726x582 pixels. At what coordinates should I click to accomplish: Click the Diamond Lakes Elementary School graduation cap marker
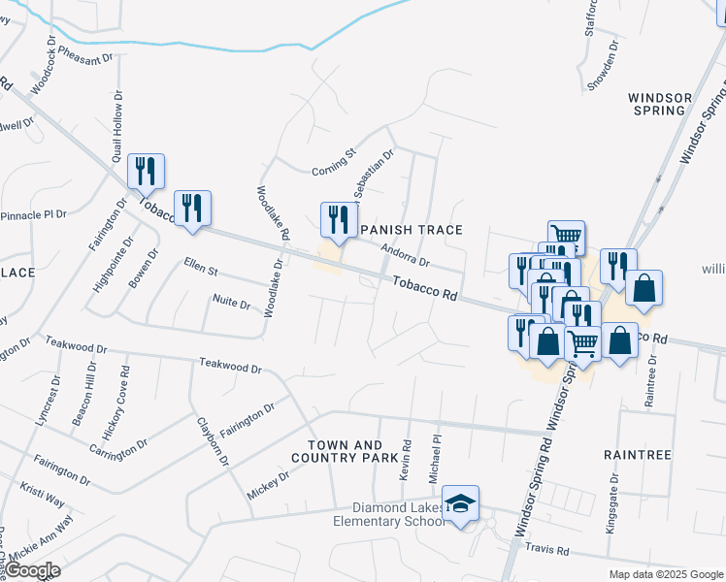(x=461, y=503)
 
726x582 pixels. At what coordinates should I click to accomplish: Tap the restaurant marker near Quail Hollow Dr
(x=146, y=172)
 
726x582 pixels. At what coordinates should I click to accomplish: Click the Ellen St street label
(x=202, y=265)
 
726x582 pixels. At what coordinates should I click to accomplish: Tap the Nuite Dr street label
(x=232, y=302)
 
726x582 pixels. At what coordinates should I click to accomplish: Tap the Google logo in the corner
(x=33, y=570)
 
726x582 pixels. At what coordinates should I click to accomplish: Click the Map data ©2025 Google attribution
(x=665, y=574)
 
